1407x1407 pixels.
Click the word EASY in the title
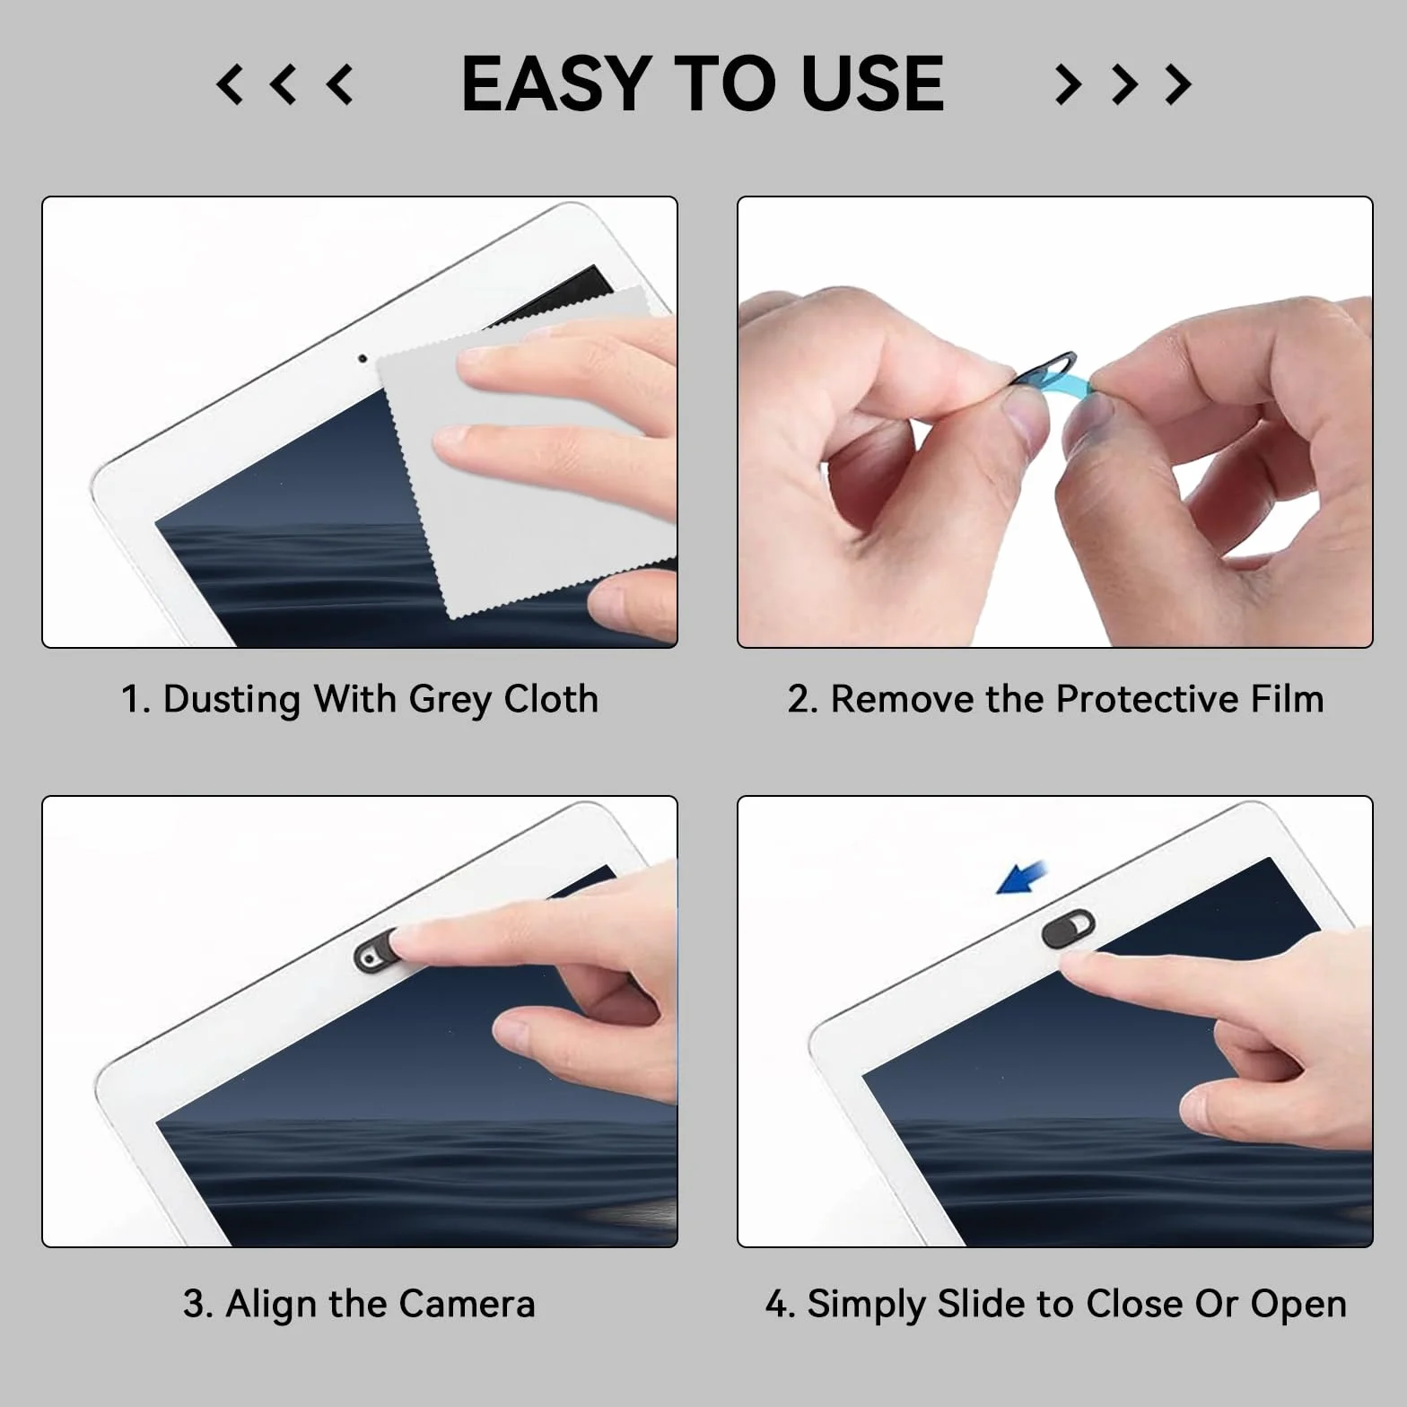[556, 83]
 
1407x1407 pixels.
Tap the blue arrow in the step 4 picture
[1022, 877]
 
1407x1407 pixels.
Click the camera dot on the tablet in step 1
[363, 359]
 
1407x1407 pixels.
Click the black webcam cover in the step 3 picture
[378, 951]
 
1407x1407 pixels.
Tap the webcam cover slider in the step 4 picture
[1069, 928]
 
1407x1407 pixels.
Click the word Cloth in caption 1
[551, 699]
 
